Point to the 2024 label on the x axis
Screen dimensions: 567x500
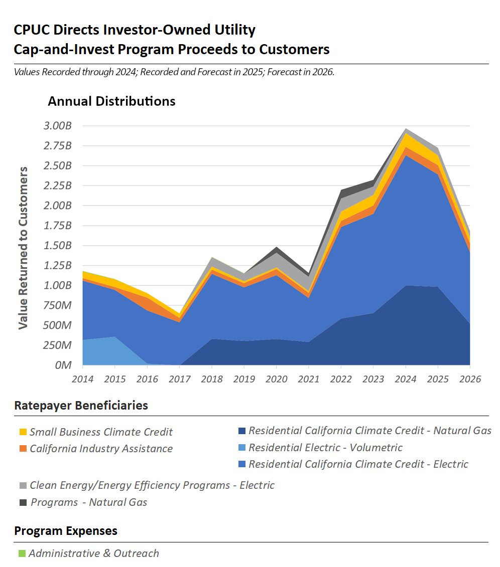coord(405,379)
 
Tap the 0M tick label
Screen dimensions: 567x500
coord(63,365)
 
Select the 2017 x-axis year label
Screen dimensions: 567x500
coord(179,379)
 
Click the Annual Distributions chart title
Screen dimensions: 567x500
coord(111,101)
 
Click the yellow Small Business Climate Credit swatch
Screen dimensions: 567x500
coord(22,432)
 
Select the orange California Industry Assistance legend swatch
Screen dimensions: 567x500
coord(22,449)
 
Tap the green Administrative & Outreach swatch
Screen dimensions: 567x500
coord(22,553)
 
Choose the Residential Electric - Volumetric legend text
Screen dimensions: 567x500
coord(325,448)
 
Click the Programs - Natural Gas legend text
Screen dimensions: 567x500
coord(89,502)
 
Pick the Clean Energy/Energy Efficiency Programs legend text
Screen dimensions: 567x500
coord(152,485)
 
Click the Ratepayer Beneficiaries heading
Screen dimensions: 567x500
coord(81,406)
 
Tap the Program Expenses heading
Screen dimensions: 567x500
coord(66,531)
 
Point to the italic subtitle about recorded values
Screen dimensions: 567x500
coord(174,72)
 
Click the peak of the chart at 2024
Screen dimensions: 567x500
coord(405,129)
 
